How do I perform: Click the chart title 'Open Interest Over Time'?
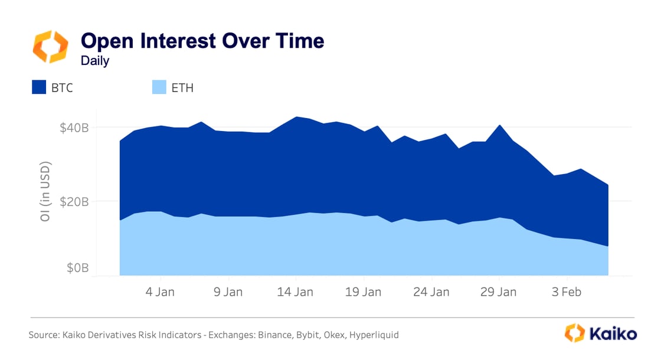tap(202, 41)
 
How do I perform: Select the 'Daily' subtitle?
tap(95, 60)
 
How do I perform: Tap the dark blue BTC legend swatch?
tap(40, 88)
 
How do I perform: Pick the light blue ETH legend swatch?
tap(160, 88)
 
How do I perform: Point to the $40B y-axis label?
tap(75, 127)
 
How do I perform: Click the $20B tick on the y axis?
tap(75, 201)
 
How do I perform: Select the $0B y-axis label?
tap(77, 268)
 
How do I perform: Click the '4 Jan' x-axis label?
tap(159, 292)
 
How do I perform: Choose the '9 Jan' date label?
tap(227, 292)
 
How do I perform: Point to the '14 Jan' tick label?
tap(295, 292)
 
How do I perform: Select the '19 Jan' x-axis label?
tap(363, 292)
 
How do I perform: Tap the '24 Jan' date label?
tap(431, 292)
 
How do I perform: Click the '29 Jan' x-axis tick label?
tap(499, 292)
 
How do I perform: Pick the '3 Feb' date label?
tap(567, 292)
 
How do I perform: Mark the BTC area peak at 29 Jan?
tap(499, 126)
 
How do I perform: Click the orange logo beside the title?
tap(50, 47)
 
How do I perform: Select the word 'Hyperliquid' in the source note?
tap(374, 335)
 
